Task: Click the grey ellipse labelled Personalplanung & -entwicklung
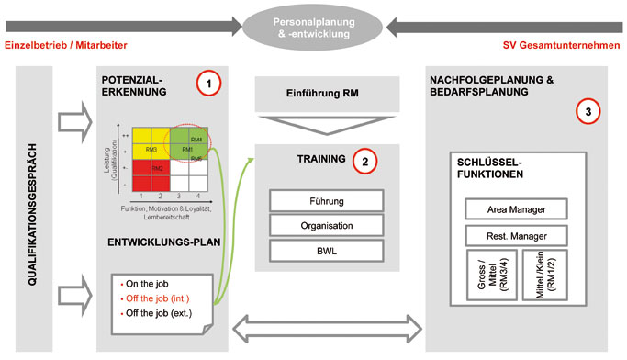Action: point(313,21)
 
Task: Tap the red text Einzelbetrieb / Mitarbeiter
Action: point(65,46)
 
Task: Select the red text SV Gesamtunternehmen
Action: point(561,46)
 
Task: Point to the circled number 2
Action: point(364,162)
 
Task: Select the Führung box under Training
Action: point(325,201)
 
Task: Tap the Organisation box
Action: point(325,225)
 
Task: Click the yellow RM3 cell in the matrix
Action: point(151,149)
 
